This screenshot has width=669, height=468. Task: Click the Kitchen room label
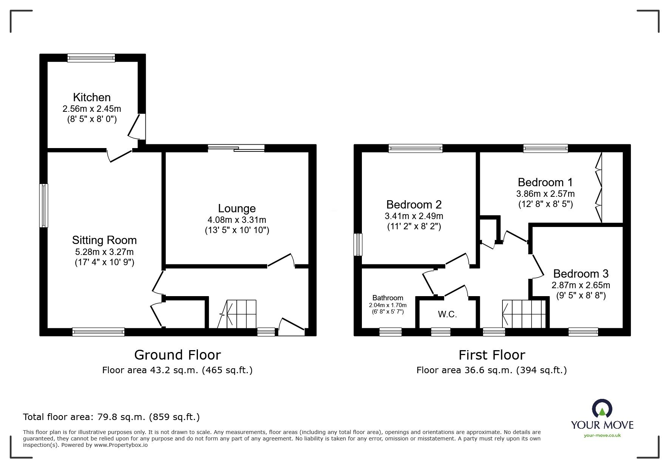92,97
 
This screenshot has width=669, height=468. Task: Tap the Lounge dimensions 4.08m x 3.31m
237,220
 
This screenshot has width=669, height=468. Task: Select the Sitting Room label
104,240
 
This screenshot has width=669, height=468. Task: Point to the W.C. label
447,314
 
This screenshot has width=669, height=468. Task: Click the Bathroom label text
388,298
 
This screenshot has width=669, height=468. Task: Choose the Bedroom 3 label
581,273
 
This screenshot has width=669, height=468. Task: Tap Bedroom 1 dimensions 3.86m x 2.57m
545,194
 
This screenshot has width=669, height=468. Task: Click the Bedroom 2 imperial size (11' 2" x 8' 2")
414,227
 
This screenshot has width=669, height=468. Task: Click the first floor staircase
524,314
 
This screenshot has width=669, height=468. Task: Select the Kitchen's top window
91,58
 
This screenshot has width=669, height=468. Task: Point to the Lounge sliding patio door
236,148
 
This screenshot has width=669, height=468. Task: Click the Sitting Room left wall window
44,205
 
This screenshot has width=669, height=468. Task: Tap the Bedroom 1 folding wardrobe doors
598,187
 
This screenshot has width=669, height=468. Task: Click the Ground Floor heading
177,355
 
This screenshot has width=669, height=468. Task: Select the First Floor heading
491,355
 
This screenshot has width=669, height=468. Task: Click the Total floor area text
111,417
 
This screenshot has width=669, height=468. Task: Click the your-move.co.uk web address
602,436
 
